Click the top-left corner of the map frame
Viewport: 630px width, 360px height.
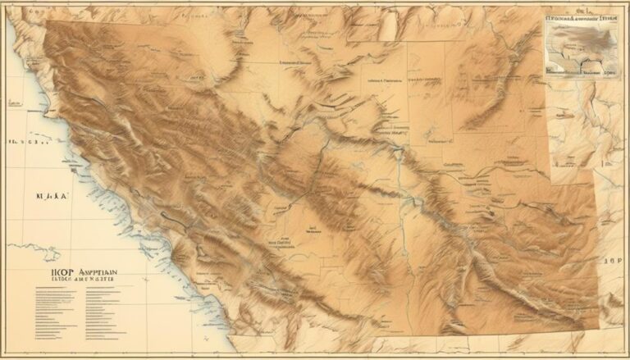pyautogui.click(x=4, y=4)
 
